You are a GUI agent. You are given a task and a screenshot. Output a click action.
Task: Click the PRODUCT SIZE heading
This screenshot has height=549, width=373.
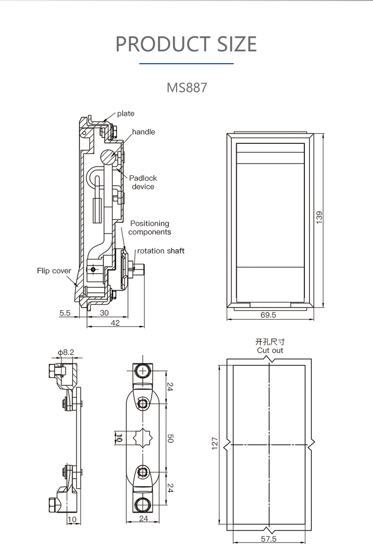click(186, 44)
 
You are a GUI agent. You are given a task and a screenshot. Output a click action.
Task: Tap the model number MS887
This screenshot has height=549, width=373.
click(186, 88)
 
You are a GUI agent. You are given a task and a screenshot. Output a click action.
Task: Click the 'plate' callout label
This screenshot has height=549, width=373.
click(126, 113)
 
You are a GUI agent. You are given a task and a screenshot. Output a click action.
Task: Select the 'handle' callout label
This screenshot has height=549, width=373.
click(143, 132)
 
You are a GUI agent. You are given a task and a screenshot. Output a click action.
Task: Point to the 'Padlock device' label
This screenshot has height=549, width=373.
click(143, 182)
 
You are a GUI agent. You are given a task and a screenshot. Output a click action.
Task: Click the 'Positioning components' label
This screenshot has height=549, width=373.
click(150, 228)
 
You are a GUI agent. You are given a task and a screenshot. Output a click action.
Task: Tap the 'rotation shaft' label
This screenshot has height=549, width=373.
click(161, 251)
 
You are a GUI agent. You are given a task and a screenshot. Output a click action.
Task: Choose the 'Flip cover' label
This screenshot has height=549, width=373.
click(54, 271)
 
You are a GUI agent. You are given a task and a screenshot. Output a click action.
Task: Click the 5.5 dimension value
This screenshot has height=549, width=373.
click(65, 313)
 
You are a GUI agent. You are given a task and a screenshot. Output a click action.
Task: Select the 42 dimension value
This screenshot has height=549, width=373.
click(115, 323)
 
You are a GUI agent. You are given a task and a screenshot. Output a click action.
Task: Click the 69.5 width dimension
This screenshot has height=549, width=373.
click(268, 315)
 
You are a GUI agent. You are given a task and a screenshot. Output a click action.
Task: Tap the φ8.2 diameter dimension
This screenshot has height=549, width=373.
click(66, 352)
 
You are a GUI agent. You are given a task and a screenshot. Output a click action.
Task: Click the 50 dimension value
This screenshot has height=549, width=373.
click(170, 439)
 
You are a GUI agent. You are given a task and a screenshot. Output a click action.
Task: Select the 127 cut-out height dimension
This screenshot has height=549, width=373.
click(215, 442)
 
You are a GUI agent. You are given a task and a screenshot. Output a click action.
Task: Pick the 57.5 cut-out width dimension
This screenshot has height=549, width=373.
click(269, 539)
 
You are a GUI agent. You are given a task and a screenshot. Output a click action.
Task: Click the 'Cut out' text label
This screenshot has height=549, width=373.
click(270, 350)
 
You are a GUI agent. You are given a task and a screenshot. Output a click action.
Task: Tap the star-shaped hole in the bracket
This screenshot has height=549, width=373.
click(143, 438)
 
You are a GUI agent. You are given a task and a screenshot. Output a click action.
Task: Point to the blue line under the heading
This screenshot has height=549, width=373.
click(186, 64)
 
